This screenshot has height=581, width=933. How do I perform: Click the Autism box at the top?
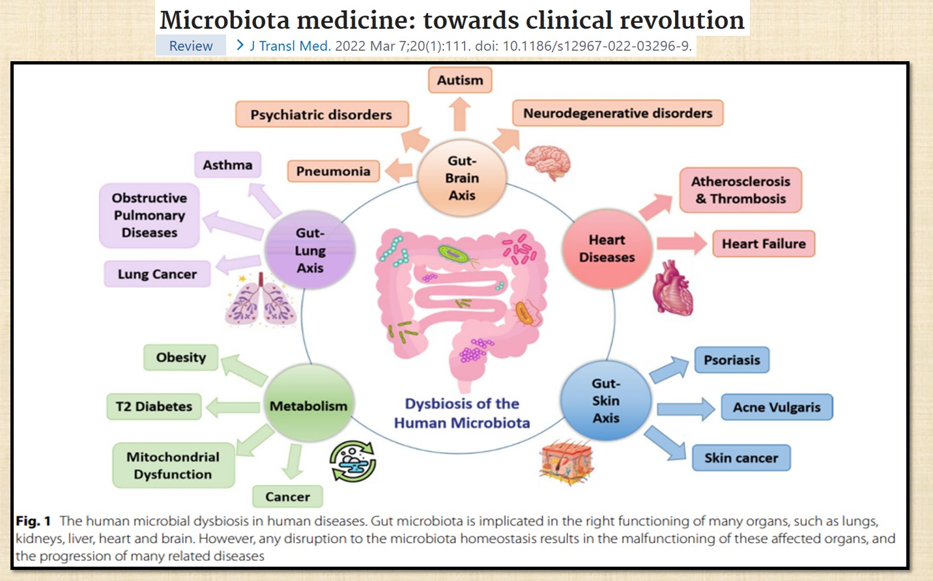[460, 80]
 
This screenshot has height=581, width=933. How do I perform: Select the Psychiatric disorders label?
[321, 115]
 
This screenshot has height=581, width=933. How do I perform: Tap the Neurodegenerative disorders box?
[618, 113]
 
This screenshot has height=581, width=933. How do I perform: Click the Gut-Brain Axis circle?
[462, 178]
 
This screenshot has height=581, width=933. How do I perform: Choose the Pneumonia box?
[333, 171]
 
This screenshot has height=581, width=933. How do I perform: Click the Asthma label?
[227, 165]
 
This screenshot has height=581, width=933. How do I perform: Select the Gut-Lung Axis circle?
[310, 251]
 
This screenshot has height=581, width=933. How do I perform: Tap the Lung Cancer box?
[157, 274]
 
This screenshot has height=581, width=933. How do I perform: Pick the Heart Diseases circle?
[607, 249]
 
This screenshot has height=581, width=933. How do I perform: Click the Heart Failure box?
[764, 244]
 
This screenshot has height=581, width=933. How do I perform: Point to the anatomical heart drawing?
[673, 289]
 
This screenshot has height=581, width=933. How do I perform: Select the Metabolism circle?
[309, 406]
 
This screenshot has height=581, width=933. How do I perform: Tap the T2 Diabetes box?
[154, 406]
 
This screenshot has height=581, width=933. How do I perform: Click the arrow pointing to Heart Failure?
[681, 244]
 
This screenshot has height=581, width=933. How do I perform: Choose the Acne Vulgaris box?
[777, 407]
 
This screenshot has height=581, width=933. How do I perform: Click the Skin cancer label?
[741, 458]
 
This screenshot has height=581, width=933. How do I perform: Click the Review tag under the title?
[191, 46]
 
